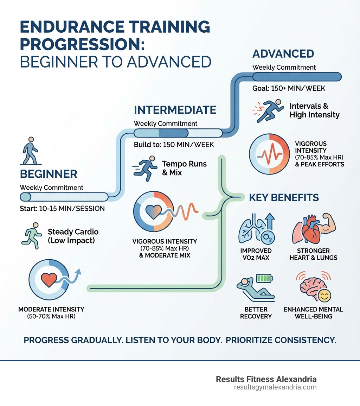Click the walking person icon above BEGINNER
click(x=31, y=151)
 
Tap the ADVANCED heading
click(x=283, y=54)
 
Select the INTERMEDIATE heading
click(x=175, y=110)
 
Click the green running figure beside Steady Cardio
click(x=32, y=236)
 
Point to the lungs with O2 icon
click(x=256, y=228)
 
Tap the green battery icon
click(x=264, y=278)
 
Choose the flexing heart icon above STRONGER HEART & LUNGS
click(x=314, y=228)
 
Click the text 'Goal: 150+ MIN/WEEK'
click(x=289, y=88)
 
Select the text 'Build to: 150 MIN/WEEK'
click(x=174, y=145)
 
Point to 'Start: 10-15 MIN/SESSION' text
click(x=62, y=208)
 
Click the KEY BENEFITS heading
click(x=284, y=198)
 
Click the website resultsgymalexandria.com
click(x=275, y=387)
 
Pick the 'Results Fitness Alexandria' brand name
click(x=266, y=379)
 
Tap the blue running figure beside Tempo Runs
click(x=145, y=168)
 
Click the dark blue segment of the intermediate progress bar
click(x=173, y=133)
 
